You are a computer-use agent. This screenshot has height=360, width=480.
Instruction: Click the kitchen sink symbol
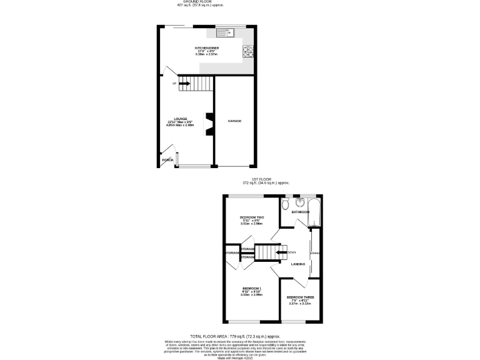point(224,33)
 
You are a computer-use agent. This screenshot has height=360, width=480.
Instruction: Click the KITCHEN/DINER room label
point(206,47)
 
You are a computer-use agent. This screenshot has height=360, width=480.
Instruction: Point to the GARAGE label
point(234,121)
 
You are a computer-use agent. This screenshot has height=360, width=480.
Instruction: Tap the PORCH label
point(167,160)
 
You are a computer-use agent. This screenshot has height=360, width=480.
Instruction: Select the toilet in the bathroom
point(285,204)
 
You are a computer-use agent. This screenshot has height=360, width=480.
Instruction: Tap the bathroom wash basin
point(297,202)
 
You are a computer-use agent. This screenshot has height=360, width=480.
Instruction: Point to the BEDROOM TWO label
point(252,217)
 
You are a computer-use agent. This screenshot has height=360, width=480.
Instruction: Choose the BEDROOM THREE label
point(300,297)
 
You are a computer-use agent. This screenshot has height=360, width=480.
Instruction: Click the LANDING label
point(298,264)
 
